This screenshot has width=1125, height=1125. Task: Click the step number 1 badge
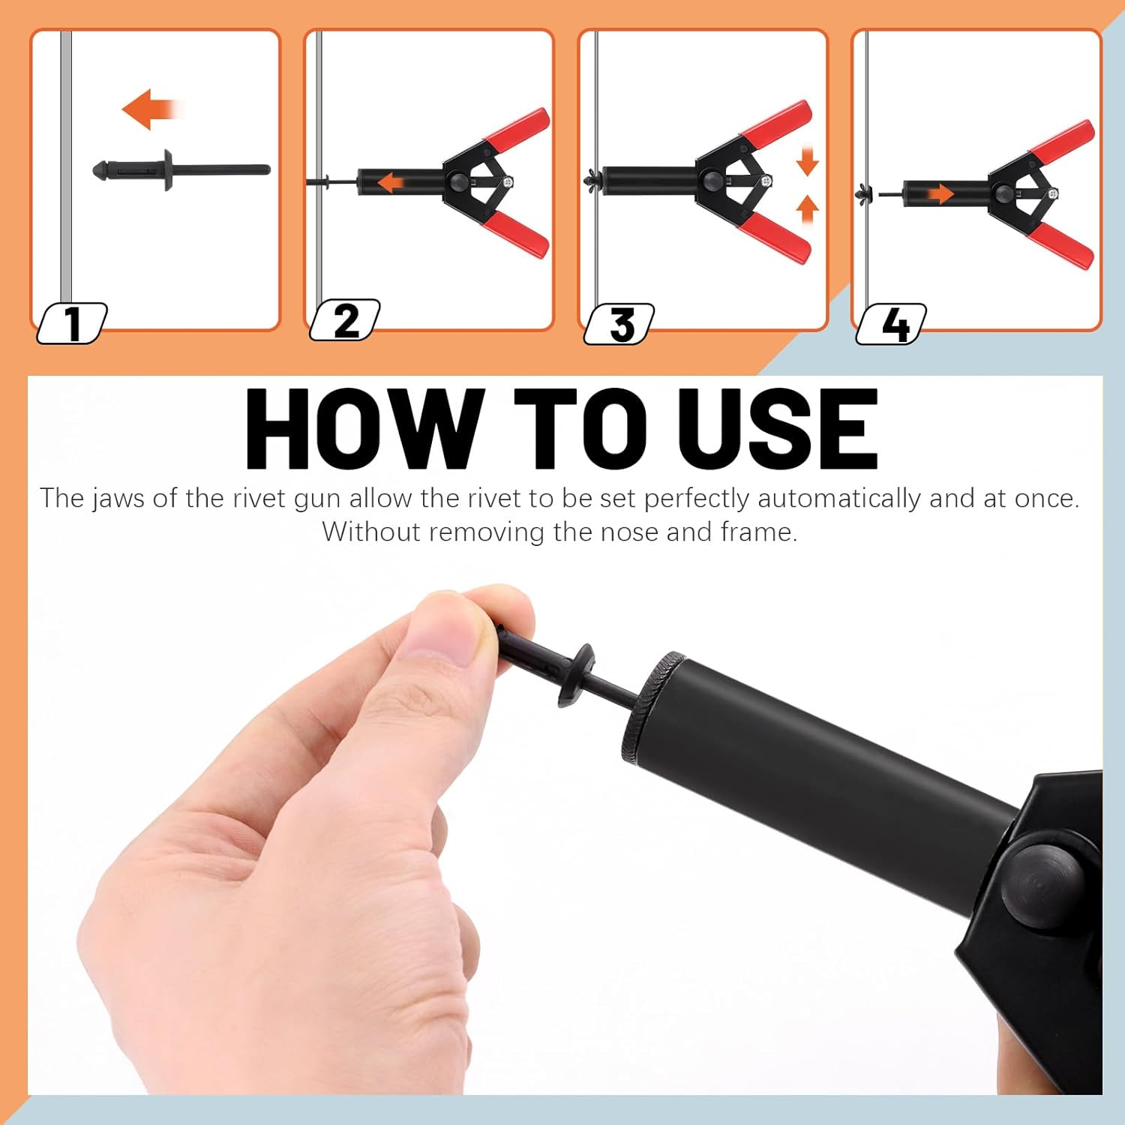[x=72, y=323]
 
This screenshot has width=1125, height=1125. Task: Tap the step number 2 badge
[x=345, y=321]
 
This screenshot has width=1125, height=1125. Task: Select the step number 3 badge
[x=619, y=324]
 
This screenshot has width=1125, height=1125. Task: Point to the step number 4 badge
[x=892, y=324]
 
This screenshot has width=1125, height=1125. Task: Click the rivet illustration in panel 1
[x=180, y=169]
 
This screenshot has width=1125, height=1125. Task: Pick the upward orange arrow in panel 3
[x=807, y=209]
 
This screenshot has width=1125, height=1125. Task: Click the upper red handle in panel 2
[x=517, y=127]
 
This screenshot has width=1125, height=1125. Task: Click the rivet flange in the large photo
[x=574, y=675]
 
